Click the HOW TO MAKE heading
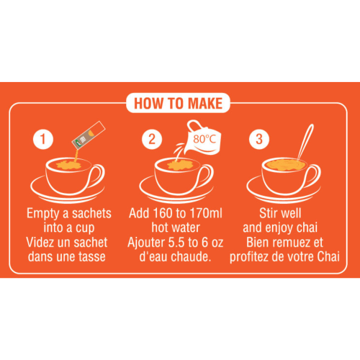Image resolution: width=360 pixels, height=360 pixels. click(x=179, y=103)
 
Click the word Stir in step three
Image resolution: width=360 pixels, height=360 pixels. click(x=269, y=214)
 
